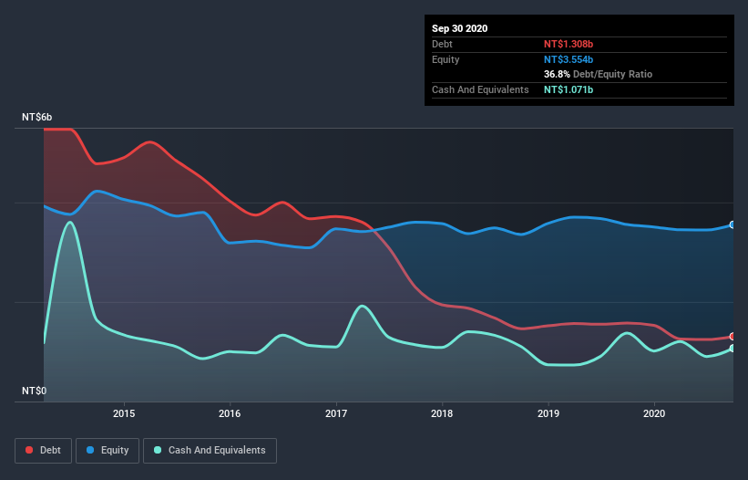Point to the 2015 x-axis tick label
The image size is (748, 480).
pyautogui.click(x=124, y=413)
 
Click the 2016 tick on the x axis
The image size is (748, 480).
pyautogui.click(x=231, y=413)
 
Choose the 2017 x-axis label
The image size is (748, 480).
pyautogui.click(x=336, y=413)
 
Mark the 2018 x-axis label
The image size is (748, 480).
pyautogui.click(x=442, y=413)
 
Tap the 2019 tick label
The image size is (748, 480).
pyautogui.click(x=548, y=413)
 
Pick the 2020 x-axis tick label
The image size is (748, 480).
pyautogui.click(x=654, y=413)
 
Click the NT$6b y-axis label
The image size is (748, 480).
pyautogui.click(x=37, y=118)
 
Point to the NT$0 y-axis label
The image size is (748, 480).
pyautogui.click(x=34, y=391)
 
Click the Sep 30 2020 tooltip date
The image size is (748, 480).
pyautogui.click(x=460, y=28)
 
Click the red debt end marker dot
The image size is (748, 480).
pyautogui.click(x=733, y=337)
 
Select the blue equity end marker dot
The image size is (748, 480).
pyautogui.click(x=733, y=224)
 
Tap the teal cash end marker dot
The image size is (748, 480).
pyautogui.click(x=733, y=349)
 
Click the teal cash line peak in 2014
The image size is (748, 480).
pyautogui.click(x=69, y=222)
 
